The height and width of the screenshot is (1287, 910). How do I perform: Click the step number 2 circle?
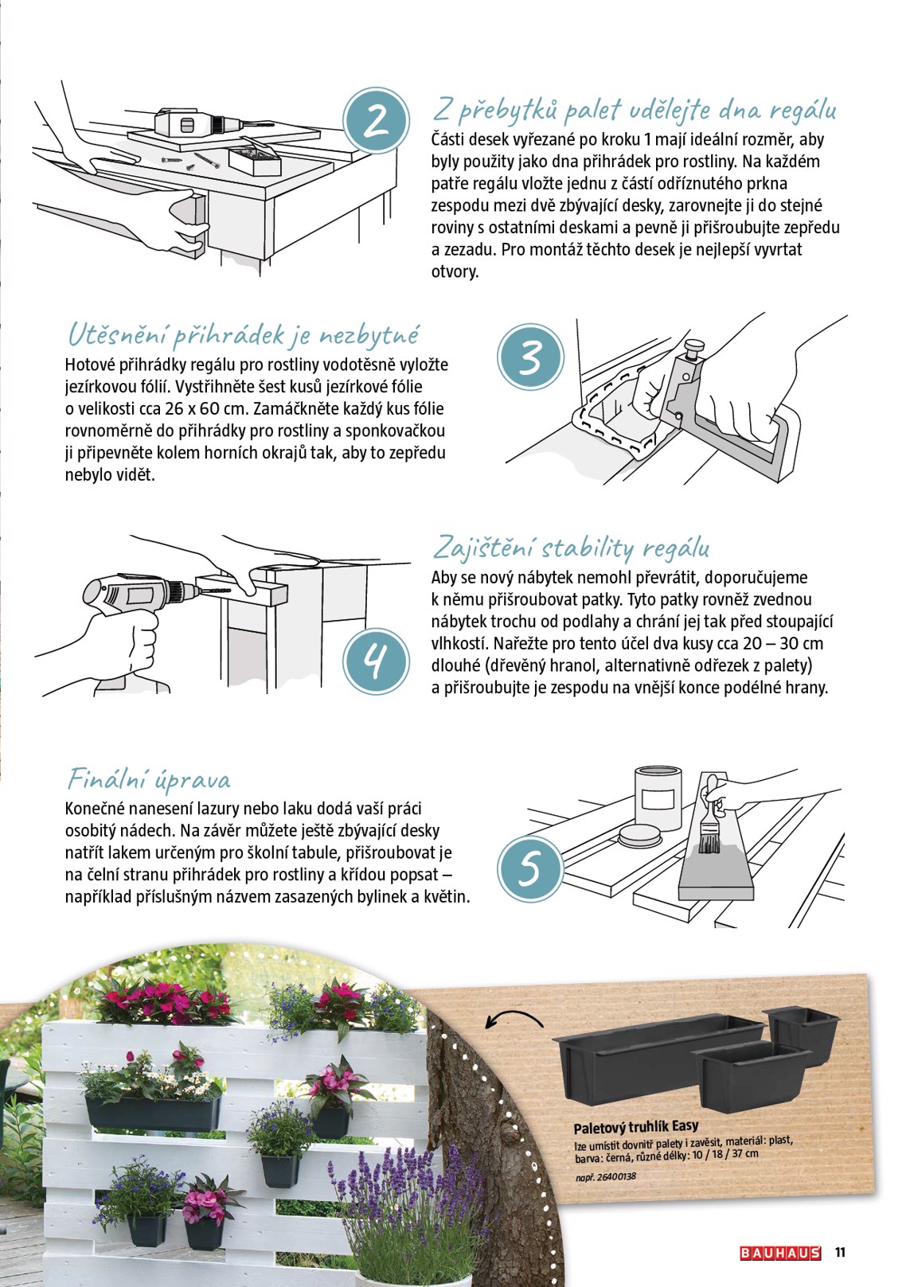point(376,121)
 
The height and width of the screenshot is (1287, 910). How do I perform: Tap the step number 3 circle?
point(530,357)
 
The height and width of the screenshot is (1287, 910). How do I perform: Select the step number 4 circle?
point(376,661)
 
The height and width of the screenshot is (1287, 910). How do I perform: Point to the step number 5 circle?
point(530,868)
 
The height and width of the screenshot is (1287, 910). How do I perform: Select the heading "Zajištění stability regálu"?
point(571,548)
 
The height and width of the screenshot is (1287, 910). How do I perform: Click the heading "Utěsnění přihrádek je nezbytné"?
point(243,335)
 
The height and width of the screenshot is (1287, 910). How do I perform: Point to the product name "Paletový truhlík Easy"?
point(636,1127)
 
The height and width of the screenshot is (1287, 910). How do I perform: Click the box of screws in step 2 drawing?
point(253,160)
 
